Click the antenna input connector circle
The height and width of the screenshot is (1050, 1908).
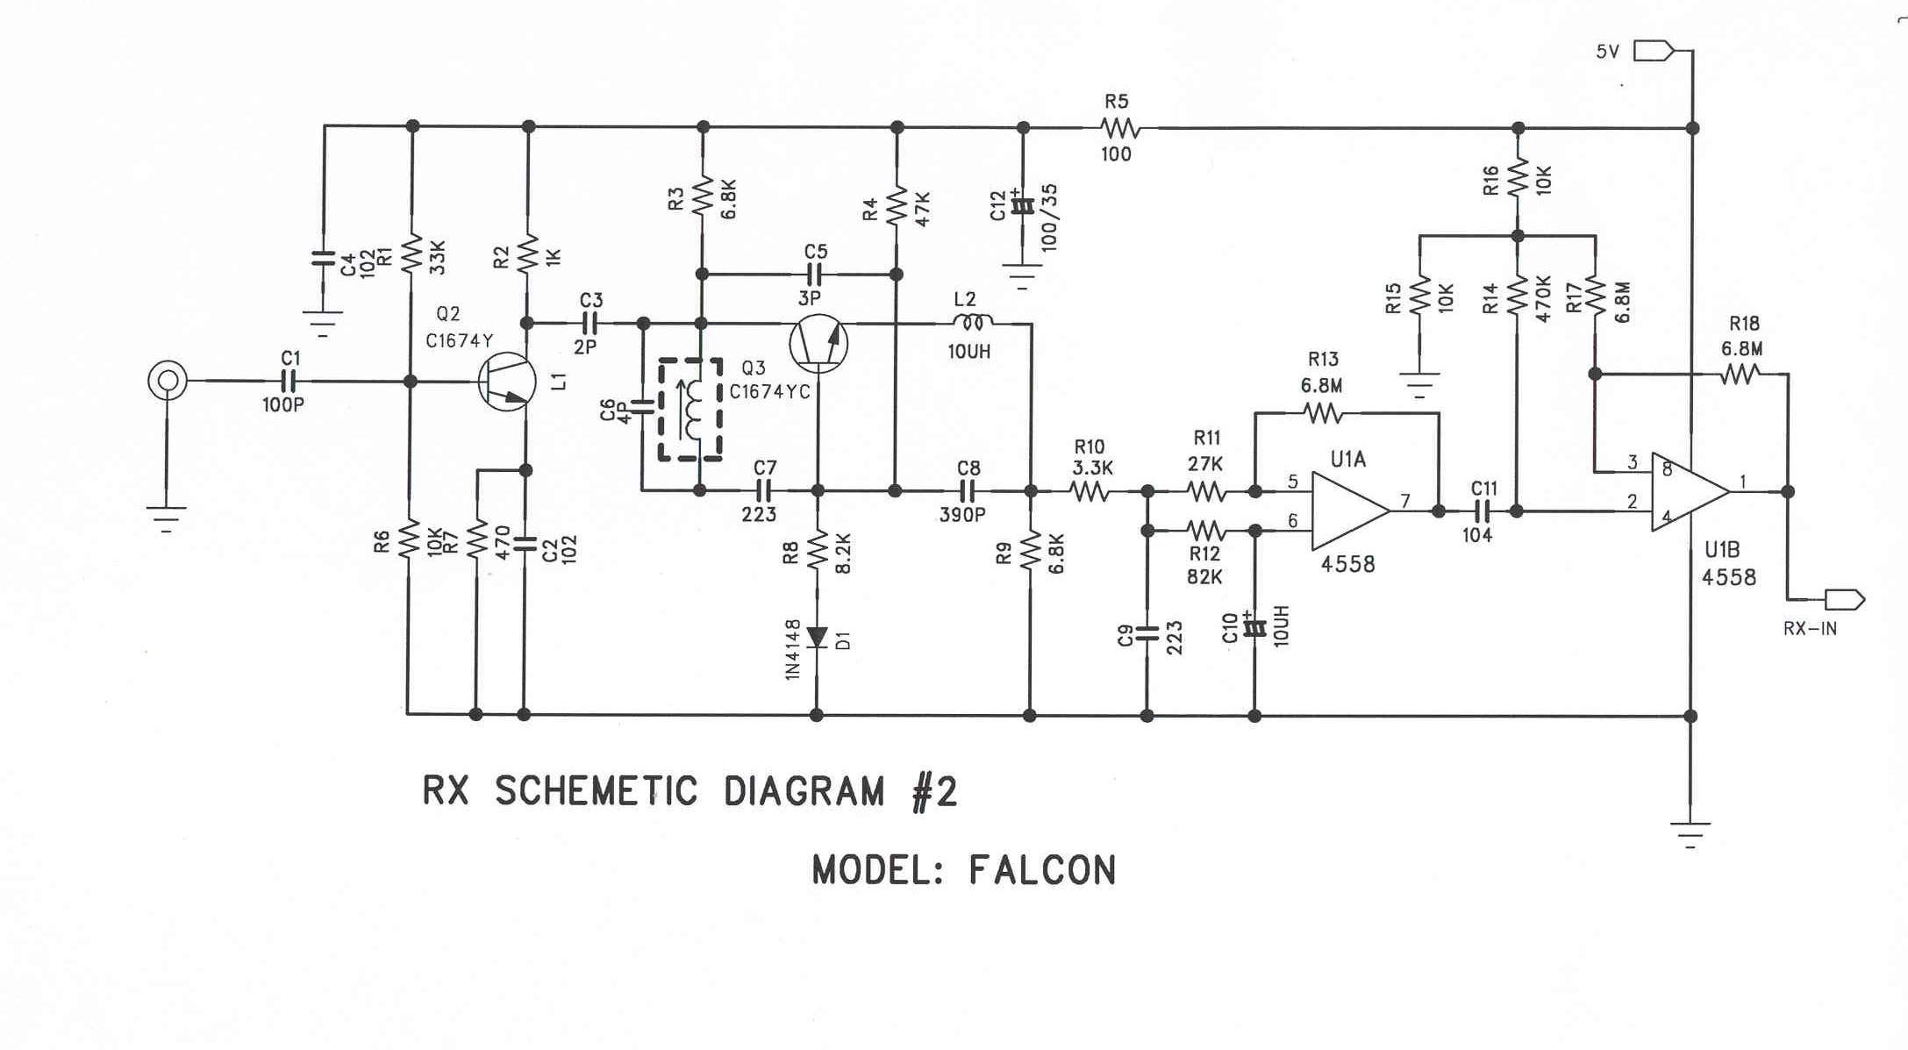tap(167, 381)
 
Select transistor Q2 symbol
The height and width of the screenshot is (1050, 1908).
tap(507, 382)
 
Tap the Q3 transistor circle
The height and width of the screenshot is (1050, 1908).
tap(818, 343)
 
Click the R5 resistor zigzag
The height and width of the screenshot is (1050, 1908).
tap(1120, 129)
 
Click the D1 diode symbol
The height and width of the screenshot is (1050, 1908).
tap(817, 638)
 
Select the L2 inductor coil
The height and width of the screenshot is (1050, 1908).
tap(972, 323)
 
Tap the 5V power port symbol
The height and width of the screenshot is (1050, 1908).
tap(1653, 52)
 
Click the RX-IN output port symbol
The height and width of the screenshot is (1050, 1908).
tap(1844, 600)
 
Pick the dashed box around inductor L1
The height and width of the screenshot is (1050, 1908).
tap(690, 409)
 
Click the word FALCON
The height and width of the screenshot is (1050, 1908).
tap(1041, 870)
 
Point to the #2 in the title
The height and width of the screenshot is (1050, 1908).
tap(934, 791)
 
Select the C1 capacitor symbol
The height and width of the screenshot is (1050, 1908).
tap(289, 381)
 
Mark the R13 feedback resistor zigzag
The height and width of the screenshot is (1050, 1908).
tap(1322, 412)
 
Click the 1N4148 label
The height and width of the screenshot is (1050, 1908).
tap(793, 649)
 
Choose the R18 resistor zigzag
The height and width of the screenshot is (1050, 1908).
tap(1740, 375)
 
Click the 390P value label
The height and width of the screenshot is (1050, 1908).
tap(962, 515)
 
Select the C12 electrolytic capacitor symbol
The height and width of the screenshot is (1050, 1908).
tap(1022, 207)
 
